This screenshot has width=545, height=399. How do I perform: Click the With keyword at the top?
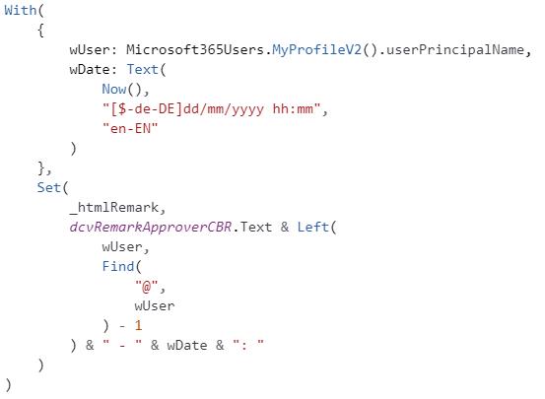pos(20,10)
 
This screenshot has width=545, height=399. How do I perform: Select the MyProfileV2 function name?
pos(316,50)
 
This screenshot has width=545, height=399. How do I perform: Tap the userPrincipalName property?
pos(455,50)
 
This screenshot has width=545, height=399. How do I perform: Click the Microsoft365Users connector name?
pos(195,49)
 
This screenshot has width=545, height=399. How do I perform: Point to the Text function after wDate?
pos(142,70)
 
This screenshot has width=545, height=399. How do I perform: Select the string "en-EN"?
pos(130,129)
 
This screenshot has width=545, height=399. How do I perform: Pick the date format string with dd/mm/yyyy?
pos(212,109)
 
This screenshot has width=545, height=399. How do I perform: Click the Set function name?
pos(49,188)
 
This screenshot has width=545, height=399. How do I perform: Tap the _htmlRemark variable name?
pos(114,208)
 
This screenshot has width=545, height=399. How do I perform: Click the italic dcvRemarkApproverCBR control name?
pos(151,228)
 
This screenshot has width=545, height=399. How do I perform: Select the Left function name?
pos(312,228)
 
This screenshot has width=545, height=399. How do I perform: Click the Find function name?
pos(118,267)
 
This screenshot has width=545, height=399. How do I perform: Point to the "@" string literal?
pos(146,287)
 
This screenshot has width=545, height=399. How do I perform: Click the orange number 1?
pos(138,326)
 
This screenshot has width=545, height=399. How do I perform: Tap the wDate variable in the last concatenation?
pos(187,346)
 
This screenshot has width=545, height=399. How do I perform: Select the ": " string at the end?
pos(248,346)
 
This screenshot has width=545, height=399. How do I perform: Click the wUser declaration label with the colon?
pos(94,50)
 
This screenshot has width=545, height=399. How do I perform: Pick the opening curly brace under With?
pos(40,31)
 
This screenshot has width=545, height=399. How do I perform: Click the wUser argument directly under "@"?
pos(155,306)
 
